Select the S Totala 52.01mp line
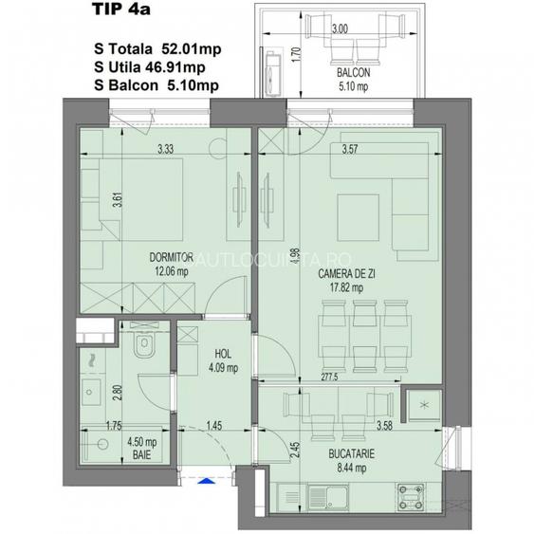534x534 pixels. pyautogui.click(x=158, y=47)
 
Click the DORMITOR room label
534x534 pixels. pyautogui.click(x=171, y=257)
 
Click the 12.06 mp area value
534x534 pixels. pyautogui.click(x=171, y=269)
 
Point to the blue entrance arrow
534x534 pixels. pyautogui.click(x=201, y=480)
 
